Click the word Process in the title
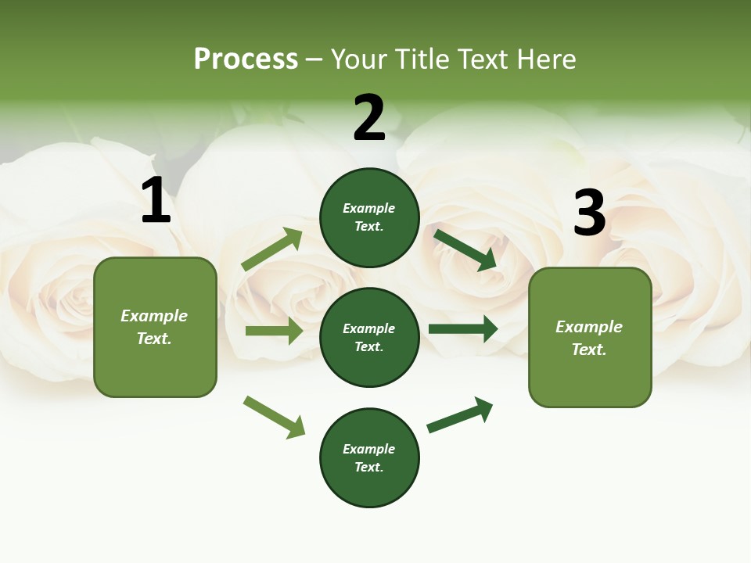point(246,59)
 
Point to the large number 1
point(156,201)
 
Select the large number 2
point(369,118)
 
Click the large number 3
point(589,213)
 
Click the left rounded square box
point(155,327)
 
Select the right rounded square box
point(590,338)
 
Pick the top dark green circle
point(369,217)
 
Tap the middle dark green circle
point(369,337)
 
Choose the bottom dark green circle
point(369,457)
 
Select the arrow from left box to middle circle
point(274,331)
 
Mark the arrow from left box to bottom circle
point(274,417)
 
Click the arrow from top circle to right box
point(465,249)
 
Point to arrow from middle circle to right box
point(463,328)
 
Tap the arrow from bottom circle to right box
point(460,414)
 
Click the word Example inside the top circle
point(369,209)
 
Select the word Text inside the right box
point(589,350)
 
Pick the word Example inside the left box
point(154,316)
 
